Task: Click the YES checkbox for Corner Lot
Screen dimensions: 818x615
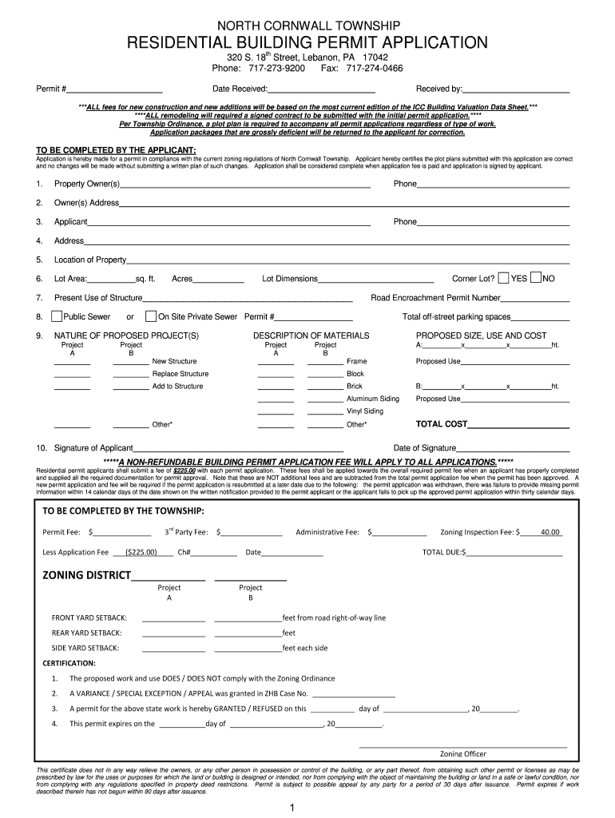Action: pyautogui.click(x=503, y=278)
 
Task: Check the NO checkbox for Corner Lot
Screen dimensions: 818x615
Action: pyautogui.click(x=536, y=278)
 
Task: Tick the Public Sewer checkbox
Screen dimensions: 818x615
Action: pyautogui.click(x=58, y=316)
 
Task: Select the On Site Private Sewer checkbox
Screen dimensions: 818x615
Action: pyautogui.click(x=152, y=316)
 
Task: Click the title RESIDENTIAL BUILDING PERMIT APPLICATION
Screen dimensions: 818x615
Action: pyautogui.click(x=307, y=42)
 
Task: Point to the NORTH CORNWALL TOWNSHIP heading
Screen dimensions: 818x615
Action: pyautogui.click(x=307, y=26)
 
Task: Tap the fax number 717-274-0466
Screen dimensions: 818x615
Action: pyautogui.click(x=374, y=69)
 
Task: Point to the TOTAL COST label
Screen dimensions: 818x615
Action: pyautogui.click(x=442, y=424)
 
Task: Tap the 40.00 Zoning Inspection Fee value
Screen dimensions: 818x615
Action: pyautogui.click(x=550, y=532)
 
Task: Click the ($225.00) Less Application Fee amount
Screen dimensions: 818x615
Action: pyautogui.click(x=141, y=552)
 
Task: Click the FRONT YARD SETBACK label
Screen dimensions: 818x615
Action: pyautogui.click(x=89, y=617)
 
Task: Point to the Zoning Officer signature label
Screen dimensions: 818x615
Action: pyautogui.click(x=462, y=753)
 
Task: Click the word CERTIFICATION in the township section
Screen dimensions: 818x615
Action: pyautogui.click(x=69, y=663)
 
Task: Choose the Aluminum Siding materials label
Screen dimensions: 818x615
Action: pyautogui.click(x=372, y=399)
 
